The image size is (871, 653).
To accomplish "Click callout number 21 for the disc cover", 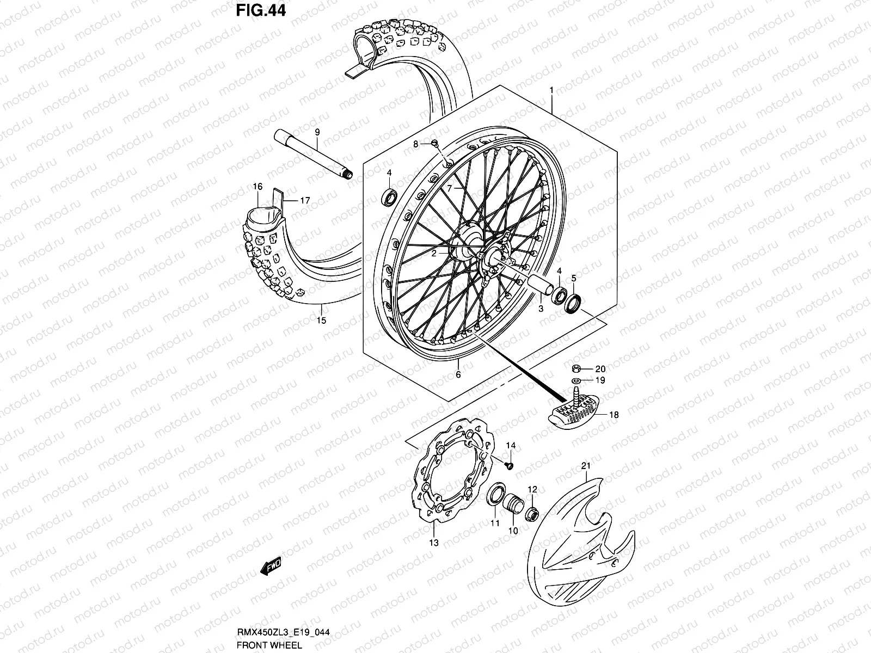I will coord(586,466).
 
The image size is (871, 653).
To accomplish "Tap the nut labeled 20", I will coord(576,368).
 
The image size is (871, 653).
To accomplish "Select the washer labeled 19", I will coord(576,380).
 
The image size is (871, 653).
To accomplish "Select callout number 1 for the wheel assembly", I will coord(551,89).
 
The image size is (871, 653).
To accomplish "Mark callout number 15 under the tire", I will coord(321,321).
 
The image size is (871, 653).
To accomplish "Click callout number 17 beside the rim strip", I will coord(305,201).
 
